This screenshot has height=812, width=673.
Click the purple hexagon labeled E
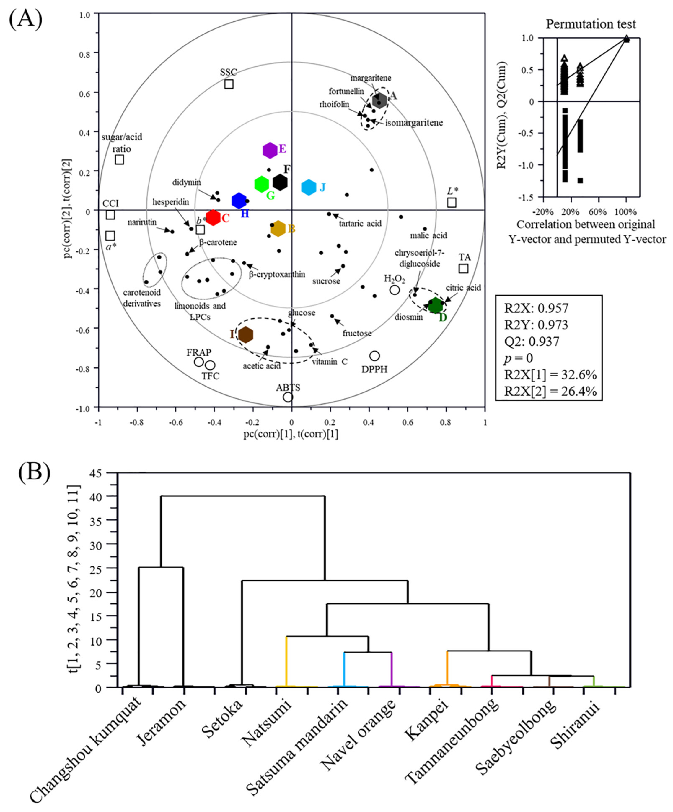coord(270,150)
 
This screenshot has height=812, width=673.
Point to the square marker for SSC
coord(229,84)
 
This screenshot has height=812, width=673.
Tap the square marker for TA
coord(463,268)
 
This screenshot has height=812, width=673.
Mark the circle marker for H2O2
coord(394,290)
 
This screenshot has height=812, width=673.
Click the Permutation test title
coord(591,24)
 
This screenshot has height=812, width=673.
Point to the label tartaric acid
coord(360,223)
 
